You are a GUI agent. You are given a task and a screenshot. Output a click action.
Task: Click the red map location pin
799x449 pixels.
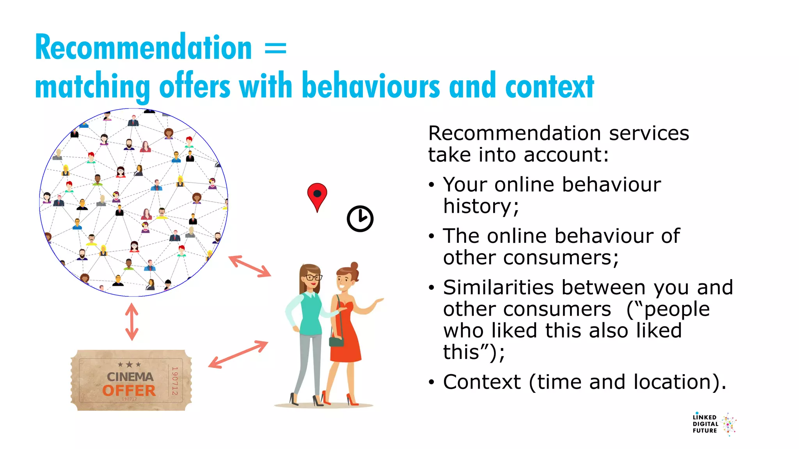[317, 195]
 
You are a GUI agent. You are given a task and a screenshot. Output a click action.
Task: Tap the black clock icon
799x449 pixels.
[360, 219]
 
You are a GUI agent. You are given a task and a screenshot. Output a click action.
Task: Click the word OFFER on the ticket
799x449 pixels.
[129, 390]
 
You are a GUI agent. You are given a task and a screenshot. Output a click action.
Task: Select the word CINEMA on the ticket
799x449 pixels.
[130, 377]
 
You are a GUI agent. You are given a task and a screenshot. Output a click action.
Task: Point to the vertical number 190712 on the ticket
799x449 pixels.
[175, 380]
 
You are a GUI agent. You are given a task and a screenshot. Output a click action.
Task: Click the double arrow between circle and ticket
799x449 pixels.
[132, 322]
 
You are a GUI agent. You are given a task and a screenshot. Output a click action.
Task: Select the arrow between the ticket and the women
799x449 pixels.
[238, 354]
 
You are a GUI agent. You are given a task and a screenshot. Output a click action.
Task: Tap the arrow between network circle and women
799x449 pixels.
[250, 266]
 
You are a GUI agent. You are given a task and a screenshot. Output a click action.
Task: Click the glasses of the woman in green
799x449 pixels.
[313, 278]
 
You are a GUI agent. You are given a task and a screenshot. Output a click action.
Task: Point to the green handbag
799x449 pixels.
[336, 341]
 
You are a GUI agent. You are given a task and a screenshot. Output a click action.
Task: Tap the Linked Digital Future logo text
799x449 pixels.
[705, 424]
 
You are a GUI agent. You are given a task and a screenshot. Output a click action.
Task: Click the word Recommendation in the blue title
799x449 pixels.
[144, 48]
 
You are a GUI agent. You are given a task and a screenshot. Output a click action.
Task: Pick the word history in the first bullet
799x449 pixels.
[481, 206]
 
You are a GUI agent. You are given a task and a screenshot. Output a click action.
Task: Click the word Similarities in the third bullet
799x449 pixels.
[498, 288]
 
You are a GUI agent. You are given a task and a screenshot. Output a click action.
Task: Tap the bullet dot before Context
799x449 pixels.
[431, 382]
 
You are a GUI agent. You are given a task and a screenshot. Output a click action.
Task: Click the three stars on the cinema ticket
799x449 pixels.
[129, 364]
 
